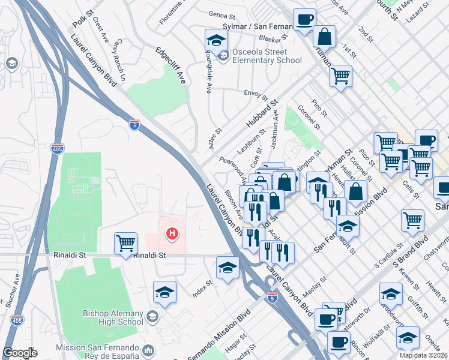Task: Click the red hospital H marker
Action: pyautogui.click(x=173, y=233)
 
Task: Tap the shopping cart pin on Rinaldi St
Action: pyautogui.click(x=125, y=244)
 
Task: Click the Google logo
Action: pyautogui.click(x=20, y=353)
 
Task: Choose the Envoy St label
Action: pyautogui.click(x=256, y=94)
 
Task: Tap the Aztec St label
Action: pyautogui.click(x=215, y=139)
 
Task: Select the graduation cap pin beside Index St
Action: pyautogui.click(x=228, y=268)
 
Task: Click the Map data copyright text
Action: pyautogui.click(x=423, y=355)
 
